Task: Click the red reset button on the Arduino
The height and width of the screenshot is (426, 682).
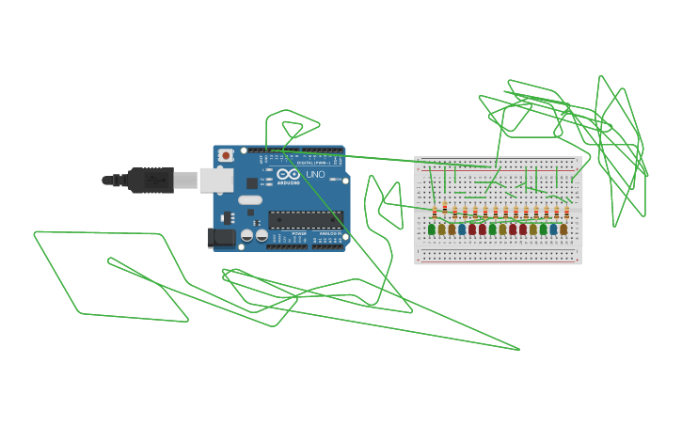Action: (226, 155)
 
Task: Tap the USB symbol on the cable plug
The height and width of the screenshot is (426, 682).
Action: (151, 180)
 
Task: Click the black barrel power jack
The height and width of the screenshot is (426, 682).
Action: (221, 237)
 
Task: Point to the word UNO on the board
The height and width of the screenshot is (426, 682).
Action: (315, 174)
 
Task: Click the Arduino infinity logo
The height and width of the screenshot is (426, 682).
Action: (289, 174)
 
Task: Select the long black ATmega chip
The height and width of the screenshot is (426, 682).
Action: (306, 220)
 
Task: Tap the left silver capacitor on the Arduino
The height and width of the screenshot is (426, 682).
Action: (247, 235)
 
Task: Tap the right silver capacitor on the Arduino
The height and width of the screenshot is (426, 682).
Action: (261, 235)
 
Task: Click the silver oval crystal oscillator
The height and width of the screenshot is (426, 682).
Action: (250, 199)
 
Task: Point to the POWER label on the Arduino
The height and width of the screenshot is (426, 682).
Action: (298, 233)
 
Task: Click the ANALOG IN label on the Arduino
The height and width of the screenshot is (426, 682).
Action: (330, 233)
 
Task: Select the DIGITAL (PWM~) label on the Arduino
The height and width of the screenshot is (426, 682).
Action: (320, 163)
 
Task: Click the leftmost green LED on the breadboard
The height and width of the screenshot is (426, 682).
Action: (432, 229)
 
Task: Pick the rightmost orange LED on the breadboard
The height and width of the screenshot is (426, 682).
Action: (563, 229)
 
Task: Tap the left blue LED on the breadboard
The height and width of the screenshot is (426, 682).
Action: (462, 229)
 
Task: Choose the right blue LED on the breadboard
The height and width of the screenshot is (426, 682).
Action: (553, 229)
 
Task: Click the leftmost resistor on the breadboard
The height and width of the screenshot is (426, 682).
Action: (435, 212)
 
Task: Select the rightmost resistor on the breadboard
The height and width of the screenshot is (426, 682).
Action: (566, 212)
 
